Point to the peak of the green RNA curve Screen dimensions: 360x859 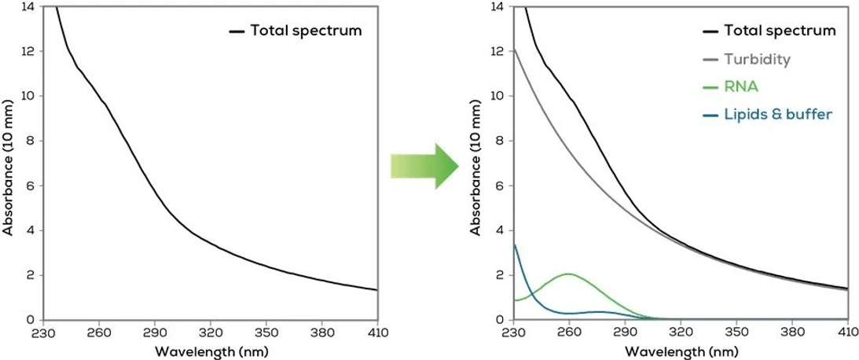click(568, 274)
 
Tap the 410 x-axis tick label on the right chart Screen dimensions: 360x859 click(848, 333)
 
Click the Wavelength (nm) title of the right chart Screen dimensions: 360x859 click(681, 350)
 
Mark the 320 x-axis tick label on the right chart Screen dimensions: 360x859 click(681, 333)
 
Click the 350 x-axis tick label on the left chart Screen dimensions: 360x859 click(266, 333)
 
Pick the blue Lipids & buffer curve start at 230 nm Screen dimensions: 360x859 click(514, 244)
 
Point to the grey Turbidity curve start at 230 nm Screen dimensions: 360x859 click(514, 50)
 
